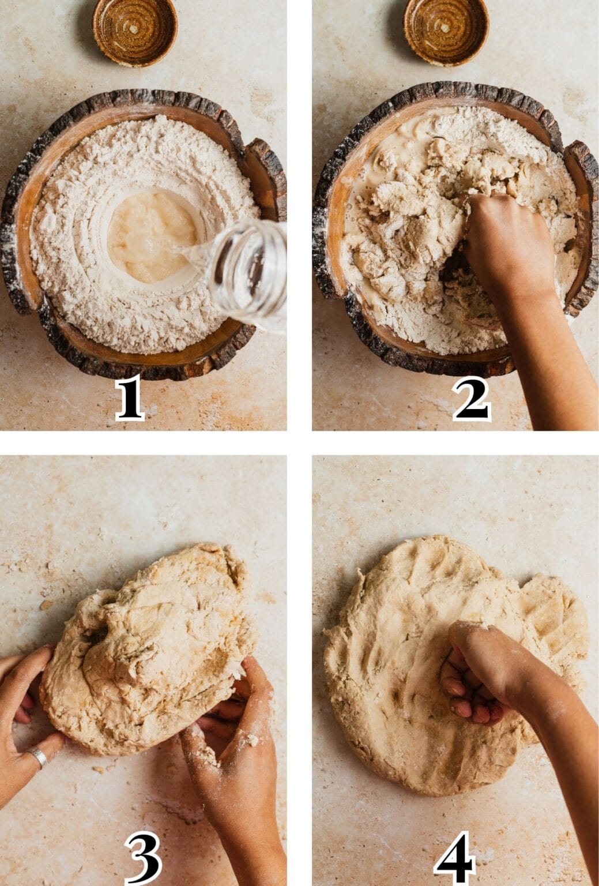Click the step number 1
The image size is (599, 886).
(x=129, y=400)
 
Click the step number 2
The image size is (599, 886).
(x=472, y=400)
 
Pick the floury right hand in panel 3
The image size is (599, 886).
(x=236, y=744)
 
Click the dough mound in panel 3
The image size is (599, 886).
(x=150, y=652)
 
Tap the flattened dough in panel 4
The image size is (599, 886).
(x=404, y=663)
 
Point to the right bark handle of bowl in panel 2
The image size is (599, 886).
(x=579, y=179)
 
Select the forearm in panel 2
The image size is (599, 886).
(x=553, y=358)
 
